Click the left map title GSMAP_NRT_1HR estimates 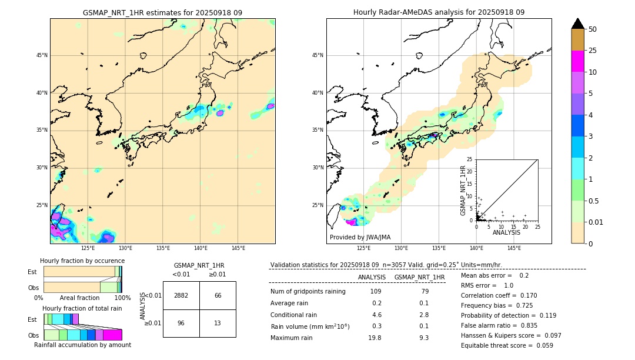coord(162,12)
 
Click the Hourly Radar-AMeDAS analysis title coord(439,12)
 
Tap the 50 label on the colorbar coord(593,29)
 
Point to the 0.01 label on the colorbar coord(596,222)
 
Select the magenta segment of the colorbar coord(577,61)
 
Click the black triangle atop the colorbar coord(577,24)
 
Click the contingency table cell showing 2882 coord(181,295)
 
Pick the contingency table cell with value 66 coord(218,295)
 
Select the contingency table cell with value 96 coord(181,323)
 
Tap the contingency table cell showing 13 coord(218,323)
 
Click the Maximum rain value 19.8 coord(375,338)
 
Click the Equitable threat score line coord(507,345)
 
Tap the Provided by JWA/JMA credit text coord(360,237)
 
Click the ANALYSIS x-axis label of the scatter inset coord(506,232)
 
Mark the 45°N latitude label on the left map coord(42,55)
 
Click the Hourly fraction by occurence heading coord(82,261)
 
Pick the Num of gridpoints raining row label coord(308,292)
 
